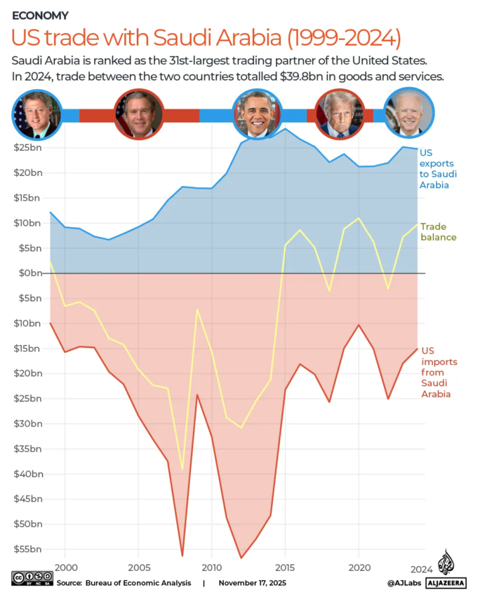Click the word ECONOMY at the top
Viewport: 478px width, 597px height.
(x=40, y=15)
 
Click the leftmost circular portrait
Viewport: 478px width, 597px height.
(x=36, y=114)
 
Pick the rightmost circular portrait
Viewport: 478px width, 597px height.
(x=409, y=114)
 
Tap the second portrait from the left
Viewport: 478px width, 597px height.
(x=139, y=114)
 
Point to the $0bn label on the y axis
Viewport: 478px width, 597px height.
(x=28, y=273)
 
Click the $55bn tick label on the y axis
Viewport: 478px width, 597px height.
(x=28, y=549)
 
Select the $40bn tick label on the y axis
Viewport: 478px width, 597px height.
(x=28, y=474)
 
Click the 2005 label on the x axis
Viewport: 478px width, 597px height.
(x=138, y=567)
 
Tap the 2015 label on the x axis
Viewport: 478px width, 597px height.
(x=285, y=567)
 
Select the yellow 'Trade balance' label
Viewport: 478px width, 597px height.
(x=438, y=232)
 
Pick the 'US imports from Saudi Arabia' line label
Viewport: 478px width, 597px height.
(x=439, y=372)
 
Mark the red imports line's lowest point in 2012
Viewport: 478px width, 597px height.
(x=241, y=558)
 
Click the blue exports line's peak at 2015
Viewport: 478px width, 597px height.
(x=285, y=129)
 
